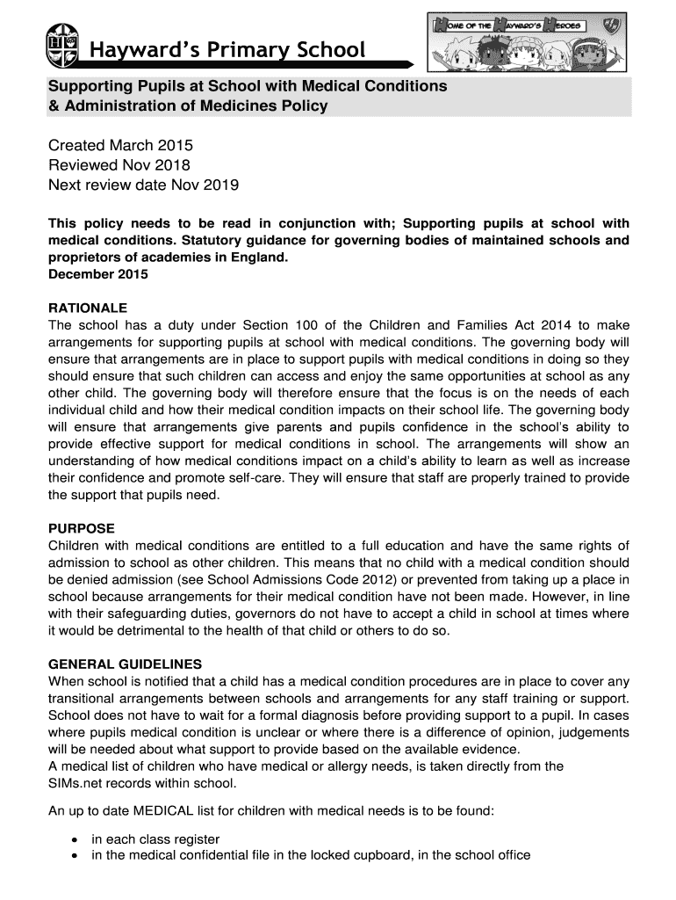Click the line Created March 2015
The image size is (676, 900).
(120, 145)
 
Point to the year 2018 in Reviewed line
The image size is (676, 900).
(174, 165)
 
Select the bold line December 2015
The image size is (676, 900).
(98, 274)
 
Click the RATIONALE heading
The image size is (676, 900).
(88, 308)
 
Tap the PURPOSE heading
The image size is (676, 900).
(82, 528)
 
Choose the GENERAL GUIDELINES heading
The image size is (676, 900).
(125, 664)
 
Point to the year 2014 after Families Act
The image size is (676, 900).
(547, 326)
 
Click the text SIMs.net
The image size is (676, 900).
(76, 783)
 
